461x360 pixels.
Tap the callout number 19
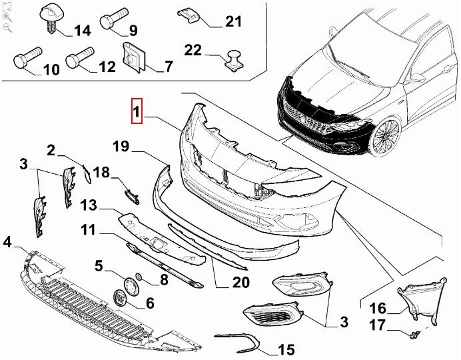pyautogui.click(x=119, y=145)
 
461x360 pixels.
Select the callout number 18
pyautogui.click(x=101, y=173)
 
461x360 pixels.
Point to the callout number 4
pyautogui.click(x=7, y=241)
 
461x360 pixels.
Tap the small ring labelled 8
pyautogui.click(x=139, y=277)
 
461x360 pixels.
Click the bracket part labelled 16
pyautogui.click(x=416, y=299)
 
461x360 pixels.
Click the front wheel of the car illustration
pyautogui.click(x=386, y=137)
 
